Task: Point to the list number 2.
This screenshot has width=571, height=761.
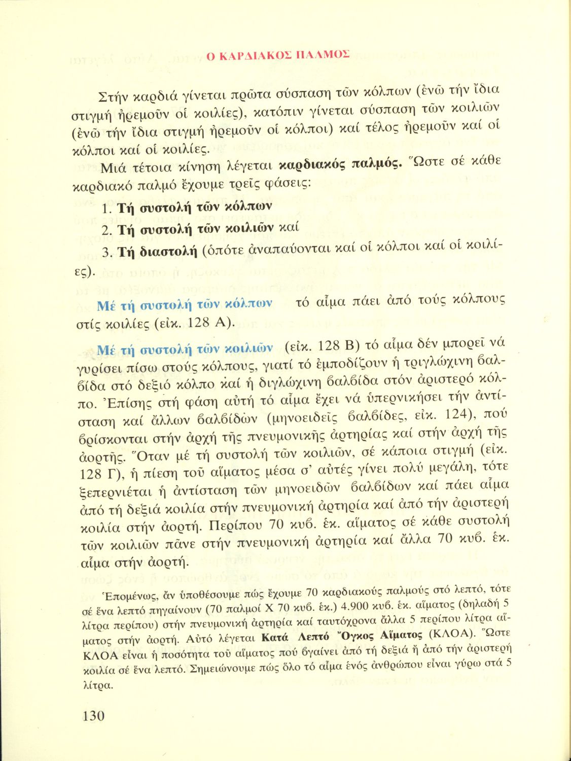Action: pos(106,230)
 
